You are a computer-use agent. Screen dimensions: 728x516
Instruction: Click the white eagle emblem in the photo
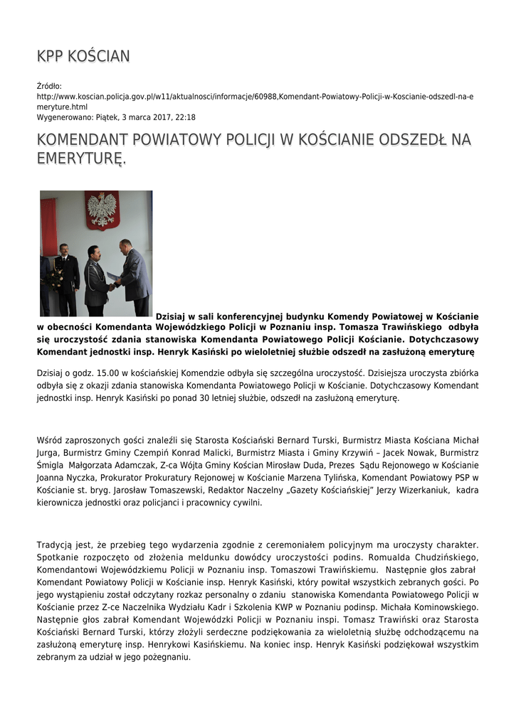click(102, 210)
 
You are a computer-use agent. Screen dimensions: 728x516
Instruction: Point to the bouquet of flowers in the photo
click(56, 277)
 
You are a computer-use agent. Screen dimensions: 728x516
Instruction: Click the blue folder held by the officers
click(114, 276)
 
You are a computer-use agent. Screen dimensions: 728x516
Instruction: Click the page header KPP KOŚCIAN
click(83, 56)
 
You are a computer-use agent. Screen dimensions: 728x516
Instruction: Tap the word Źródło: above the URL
click(49, 86)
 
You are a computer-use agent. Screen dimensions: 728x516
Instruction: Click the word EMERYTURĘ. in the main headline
click(81, 159)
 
